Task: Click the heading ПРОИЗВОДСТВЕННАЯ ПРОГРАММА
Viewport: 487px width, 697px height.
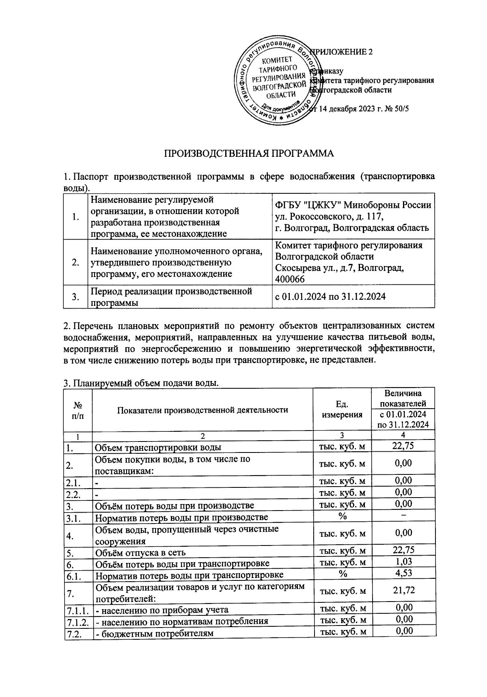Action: [249, 154]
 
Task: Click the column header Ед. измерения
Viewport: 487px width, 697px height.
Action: [342, 409]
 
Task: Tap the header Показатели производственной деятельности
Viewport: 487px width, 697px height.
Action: [203, 409]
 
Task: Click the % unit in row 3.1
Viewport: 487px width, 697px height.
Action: [342, 516]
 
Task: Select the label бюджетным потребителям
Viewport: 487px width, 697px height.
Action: [154, 633]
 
